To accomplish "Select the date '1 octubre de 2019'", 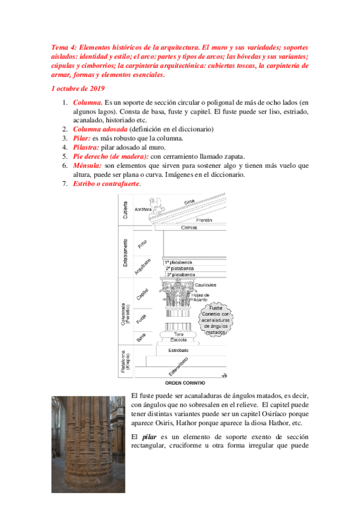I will coord(78,88).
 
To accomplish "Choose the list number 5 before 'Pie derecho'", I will coord(65,156).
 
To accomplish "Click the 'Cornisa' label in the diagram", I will coord(189,229).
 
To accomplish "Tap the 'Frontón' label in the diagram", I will coord(204,221).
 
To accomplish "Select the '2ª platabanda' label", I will coord(179,268).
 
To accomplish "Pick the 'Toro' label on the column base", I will coord(178,333).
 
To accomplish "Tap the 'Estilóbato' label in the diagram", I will coord(181,349).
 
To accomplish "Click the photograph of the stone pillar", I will coord(88,444).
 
